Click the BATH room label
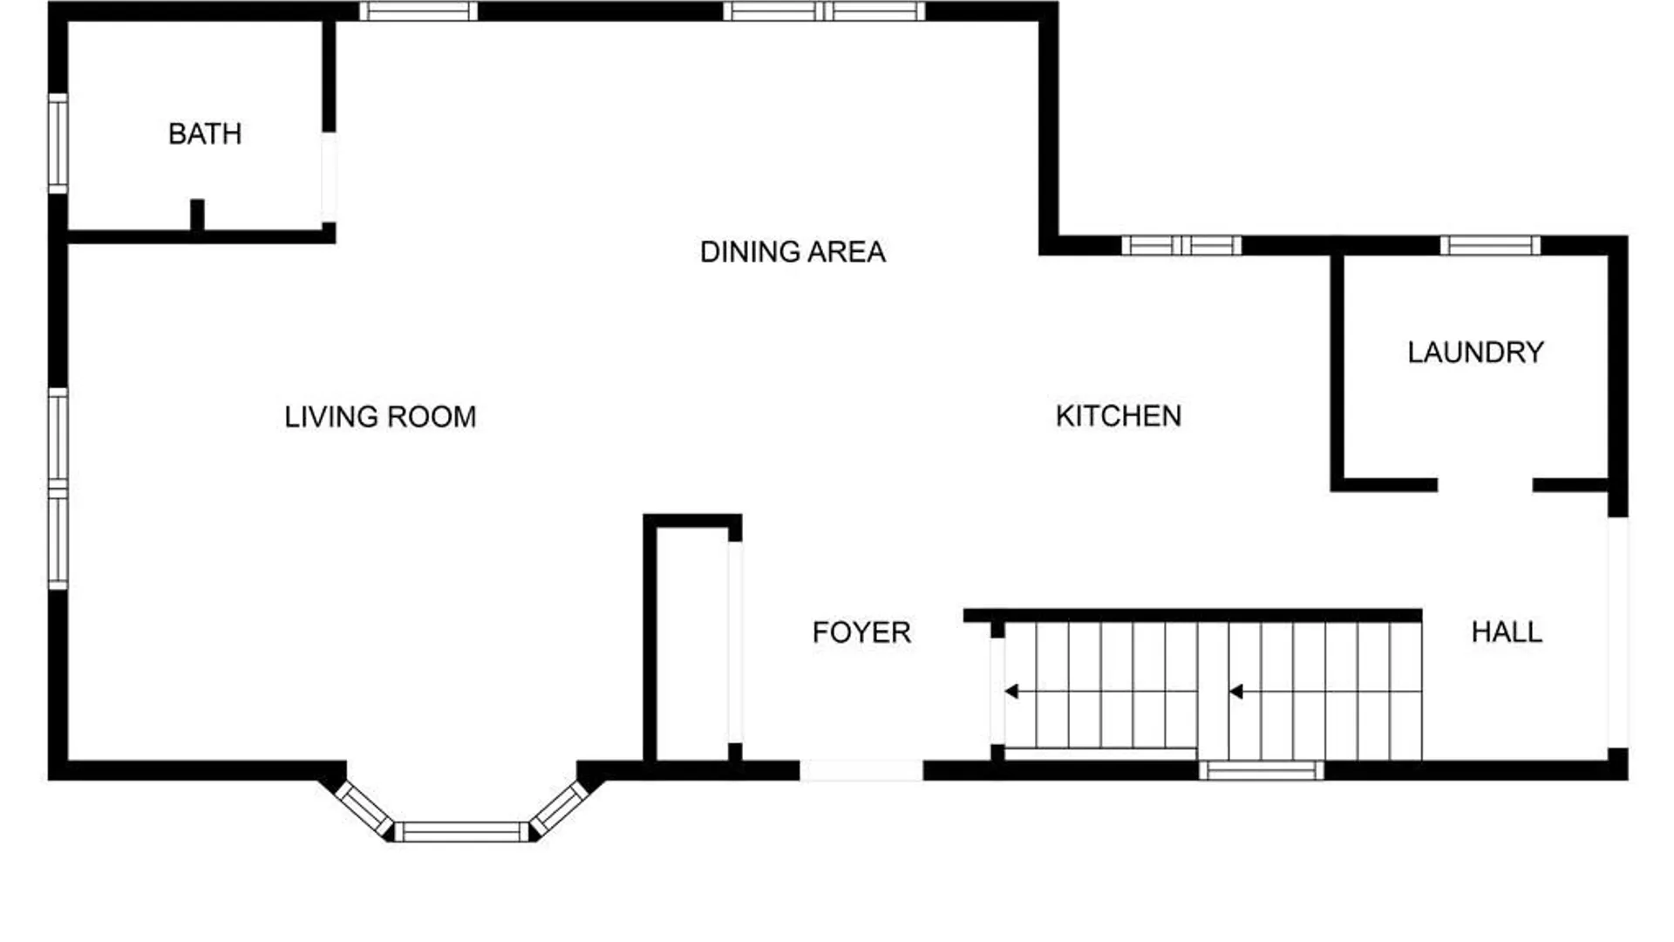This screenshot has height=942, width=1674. (x=205, y=134)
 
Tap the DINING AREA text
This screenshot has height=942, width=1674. (x=793, y=252)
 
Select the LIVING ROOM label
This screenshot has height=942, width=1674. (x=380, y=417)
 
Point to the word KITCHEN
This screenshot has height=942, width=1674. (x=1119, y=416)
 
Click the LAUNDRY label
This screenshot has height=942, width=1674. (x=1476, y=352)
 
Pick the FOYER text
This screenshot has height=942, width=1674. (x=861, y=632)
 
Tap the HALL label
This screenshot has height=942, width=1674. (x=1507, y=631)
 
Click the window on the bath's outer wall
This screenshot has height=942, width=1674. (x=58, y=144)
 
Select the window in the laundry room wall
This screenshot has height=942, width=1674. (x=1490, y=245)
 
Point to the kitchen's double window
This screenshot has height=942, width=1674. (x=1181, y=245)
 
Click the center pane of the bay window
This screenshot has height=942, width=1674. (x=462, y=831)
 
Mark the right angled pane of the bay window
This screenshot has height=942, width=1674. (x=560, y=808)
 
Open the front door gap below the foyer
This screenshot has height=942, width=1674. (x=861, y=770)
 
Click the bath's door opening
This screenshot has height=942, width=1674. (x=329, y=177)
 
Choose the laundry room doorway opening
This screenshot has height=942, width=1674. (x=1485, y=485)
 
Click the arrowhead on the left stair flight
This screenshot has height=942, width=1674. (x=1011, y=692)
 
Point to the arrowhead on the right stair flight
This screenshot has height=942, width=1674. (x=1236, y=692)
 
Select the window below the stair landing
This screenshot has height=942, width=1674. (x=1261, y=770)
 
